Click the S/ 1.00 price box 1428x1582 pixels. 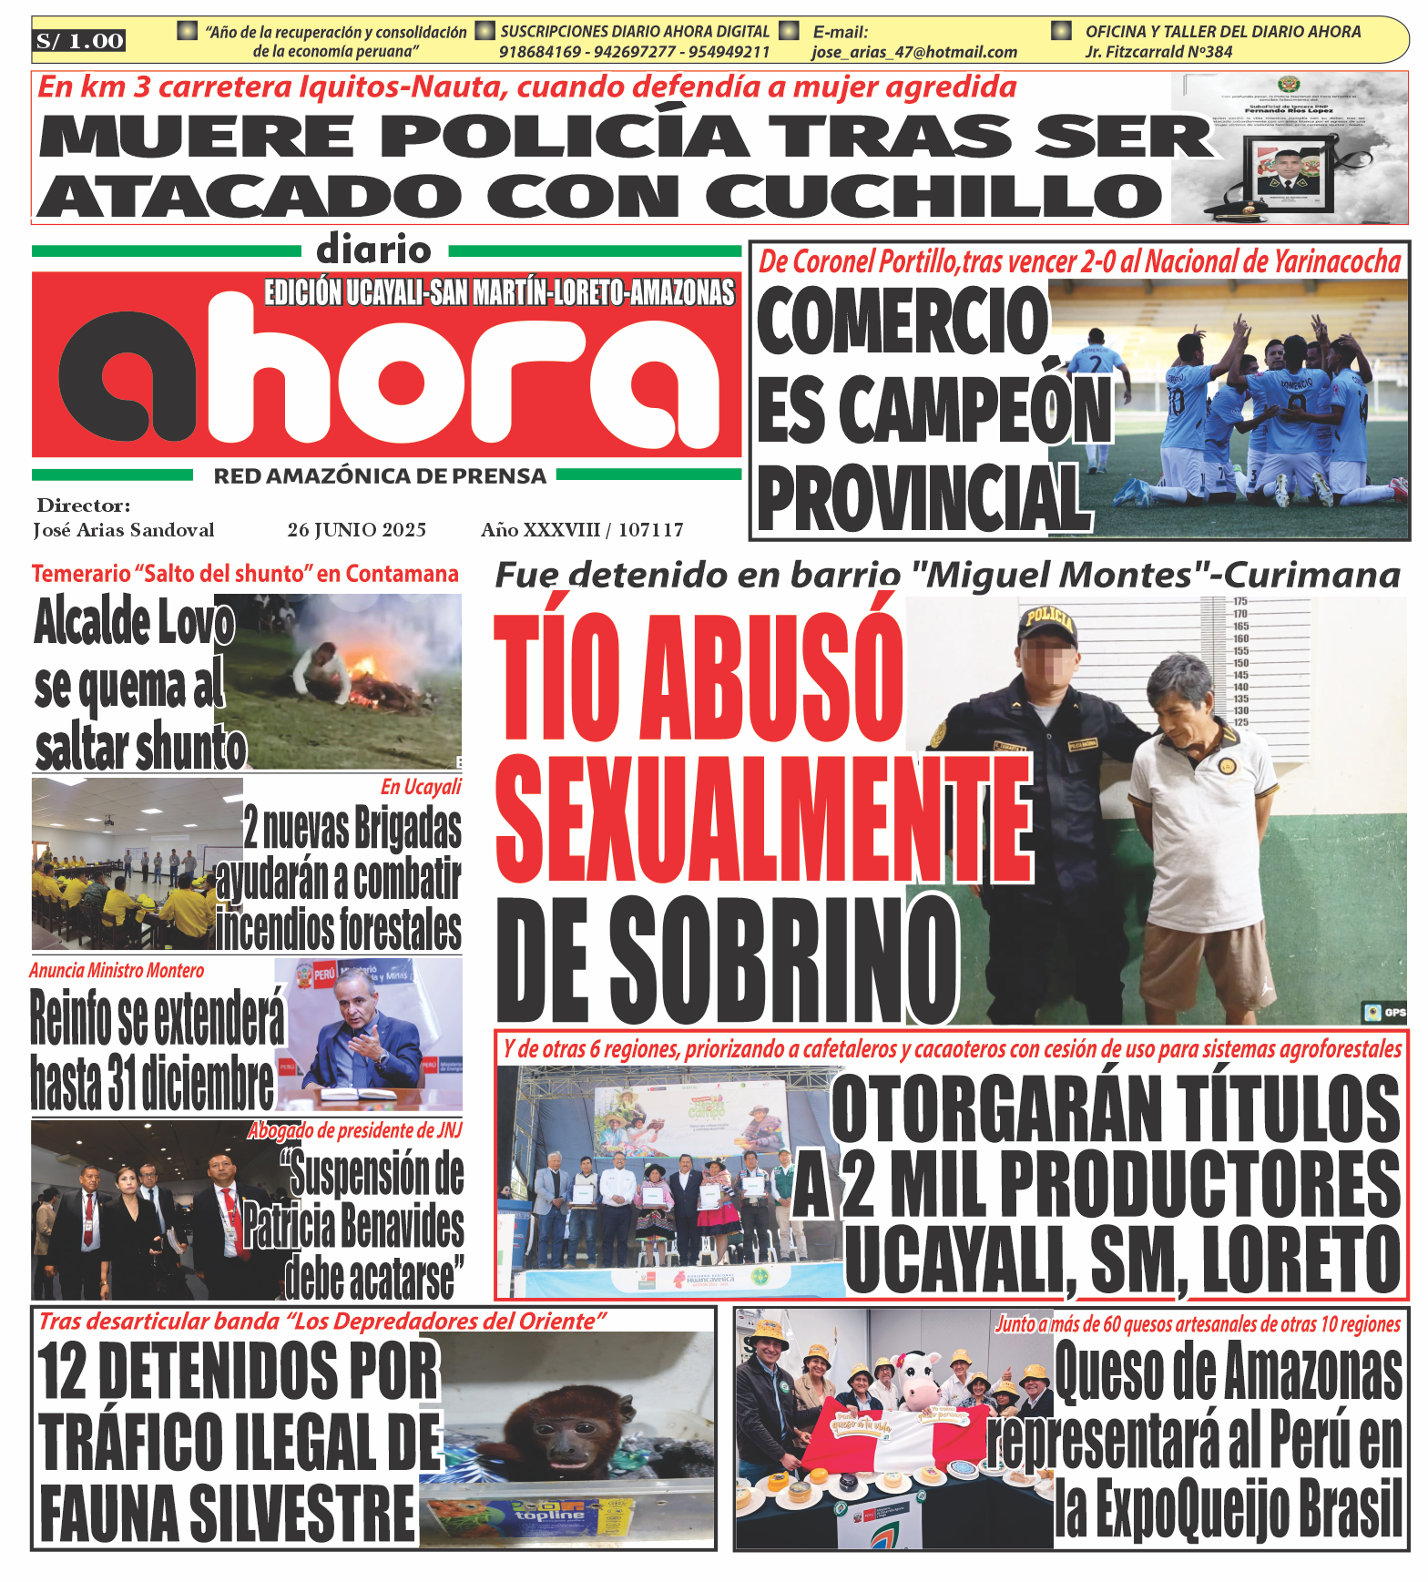coord(80,41)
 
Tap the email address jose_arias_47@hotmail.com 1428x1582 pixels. coord(913,53)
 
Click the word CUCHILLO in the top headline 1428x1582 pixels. coord(933,197)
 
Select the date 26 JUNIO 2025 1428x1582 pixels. coord(356,530)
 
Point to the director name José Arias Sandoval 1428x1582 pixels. coord(124,530)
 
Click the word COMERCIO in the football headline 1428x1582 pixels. coord(902,321)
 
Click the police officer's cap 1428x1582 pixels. coord(1046,623)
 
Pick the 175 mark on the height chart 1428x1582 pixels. coord(1240,602)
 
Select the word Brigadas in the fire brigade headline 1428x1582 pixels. coord(407,828)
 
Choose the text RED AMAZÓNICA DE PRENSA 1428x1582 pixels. coord(380,476)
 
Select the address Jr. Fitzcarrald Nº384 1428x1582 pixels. coord(1158,53)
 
